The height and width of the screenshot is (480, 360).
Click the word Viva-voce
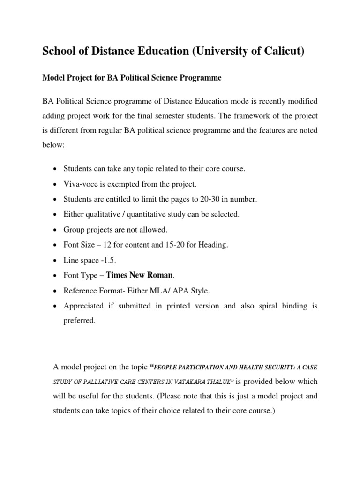click(81, 184)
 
